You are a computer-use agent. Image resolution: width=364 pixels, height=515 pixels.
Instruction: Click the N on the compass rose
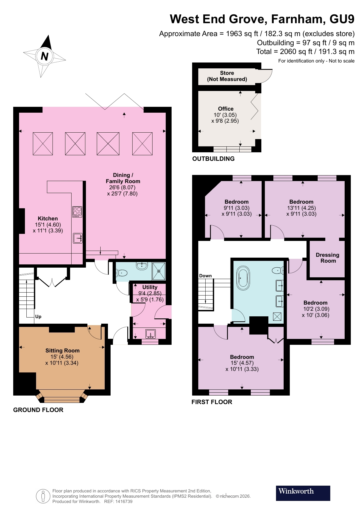click(45, 56)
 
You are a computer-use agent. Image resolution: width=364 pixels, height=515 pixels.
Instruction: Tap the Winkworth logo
click(303, 493)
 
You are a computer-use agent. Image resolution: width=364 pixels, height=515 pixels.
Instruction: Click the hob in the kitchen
click(77, 212)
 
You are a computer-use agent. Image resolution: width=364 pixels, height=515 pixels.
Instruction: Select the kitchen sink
click(78, 238)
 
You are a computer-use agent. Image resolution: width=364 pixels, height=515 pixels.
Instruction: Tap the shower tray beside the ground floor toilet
click(159, 271)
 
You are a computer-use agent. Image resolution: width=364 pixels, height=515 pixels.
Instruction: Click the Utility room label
click(150, 287)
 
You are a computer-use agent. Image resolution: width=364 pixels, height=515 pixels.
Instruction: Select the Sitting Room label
click(62, 350)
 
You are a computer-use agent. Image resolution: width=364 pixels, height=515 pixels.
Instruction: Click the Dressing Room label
click(327, 258)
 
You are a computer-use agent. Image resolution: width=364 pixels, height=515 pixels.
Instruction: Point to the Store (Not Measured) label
click(227, 76)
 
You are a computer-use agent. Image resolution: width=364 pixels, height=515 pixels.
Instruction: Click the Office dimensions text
click(225, 118)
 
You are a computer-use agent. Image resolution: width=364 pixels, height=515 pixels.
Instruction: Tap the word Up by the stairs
click(38, 316)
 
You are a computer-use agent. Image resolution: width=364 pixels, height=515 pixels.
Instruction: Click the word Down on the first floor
click(205, 276)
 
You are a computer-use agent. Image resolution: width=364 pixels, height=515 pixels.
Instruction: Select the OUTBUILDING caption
click(213, 159)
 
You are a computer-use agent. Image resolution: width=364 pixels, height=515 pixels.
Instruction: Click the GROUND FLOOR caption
click(38, 410)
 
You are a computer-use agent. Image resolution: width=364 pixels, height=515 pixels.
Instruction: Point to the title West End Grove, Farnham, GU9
click(262, 19)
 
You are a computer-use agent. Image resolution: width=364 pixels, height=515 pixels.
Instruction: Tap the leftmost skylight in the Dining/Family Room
click(43, 143)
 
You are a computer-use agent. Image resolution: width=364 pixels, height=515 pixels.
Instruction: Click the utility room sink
click(150, 334)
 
